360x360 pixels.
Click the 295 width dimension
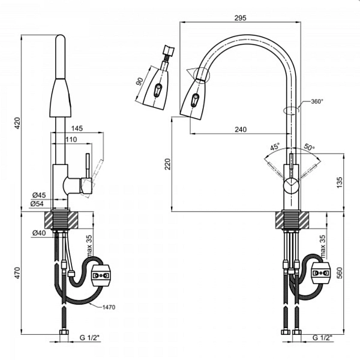(x=240, y=17)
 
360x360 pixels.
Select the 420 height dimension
(x=17, y=123)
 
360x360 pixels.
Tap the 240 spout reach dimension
(x=241, y=130)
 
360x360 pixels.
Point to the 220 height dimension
(x=168, y=164)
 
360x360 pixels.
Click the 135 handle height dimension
(x=340, y=182)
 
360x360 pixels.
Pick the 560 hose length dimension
(x=340, y=273)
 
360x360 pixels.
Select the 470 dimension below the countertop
(x=17, y=273)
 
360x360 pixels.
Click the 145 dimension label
(x=77, y=128)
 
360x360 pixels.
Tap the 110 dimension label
(x=71, y=140)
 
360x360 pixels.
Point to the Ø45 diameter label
(x=39, y=196)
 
